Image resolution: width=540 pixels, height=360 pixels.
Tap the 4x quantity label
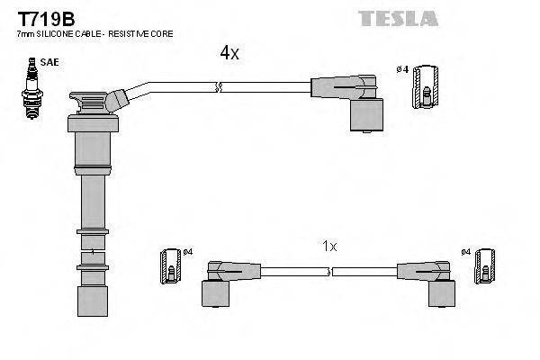click(229, 53)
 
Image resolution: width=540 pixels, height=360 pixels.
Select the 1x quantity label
click(329, 246)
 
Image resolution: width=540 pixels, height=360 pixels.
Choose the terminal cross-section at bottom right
click(486, 265)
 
